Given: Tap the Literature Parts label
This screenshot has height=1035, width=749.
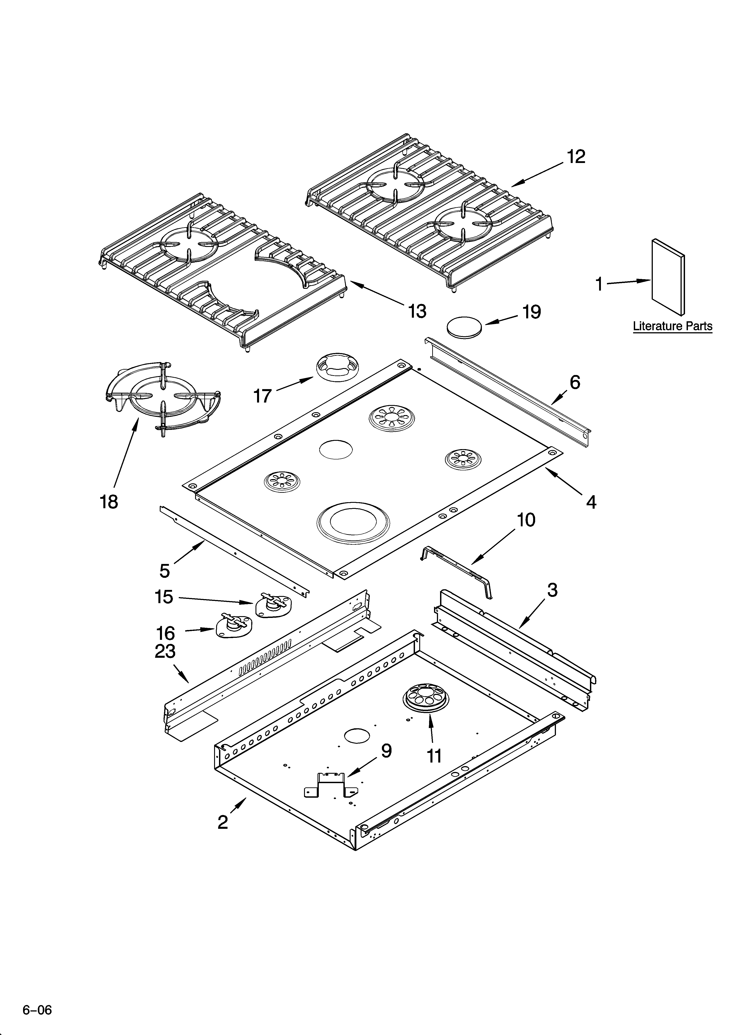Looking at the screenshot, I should (672, 326).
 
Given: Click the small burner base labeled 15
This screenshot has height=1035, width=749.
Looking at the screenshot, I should (272, 605).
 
